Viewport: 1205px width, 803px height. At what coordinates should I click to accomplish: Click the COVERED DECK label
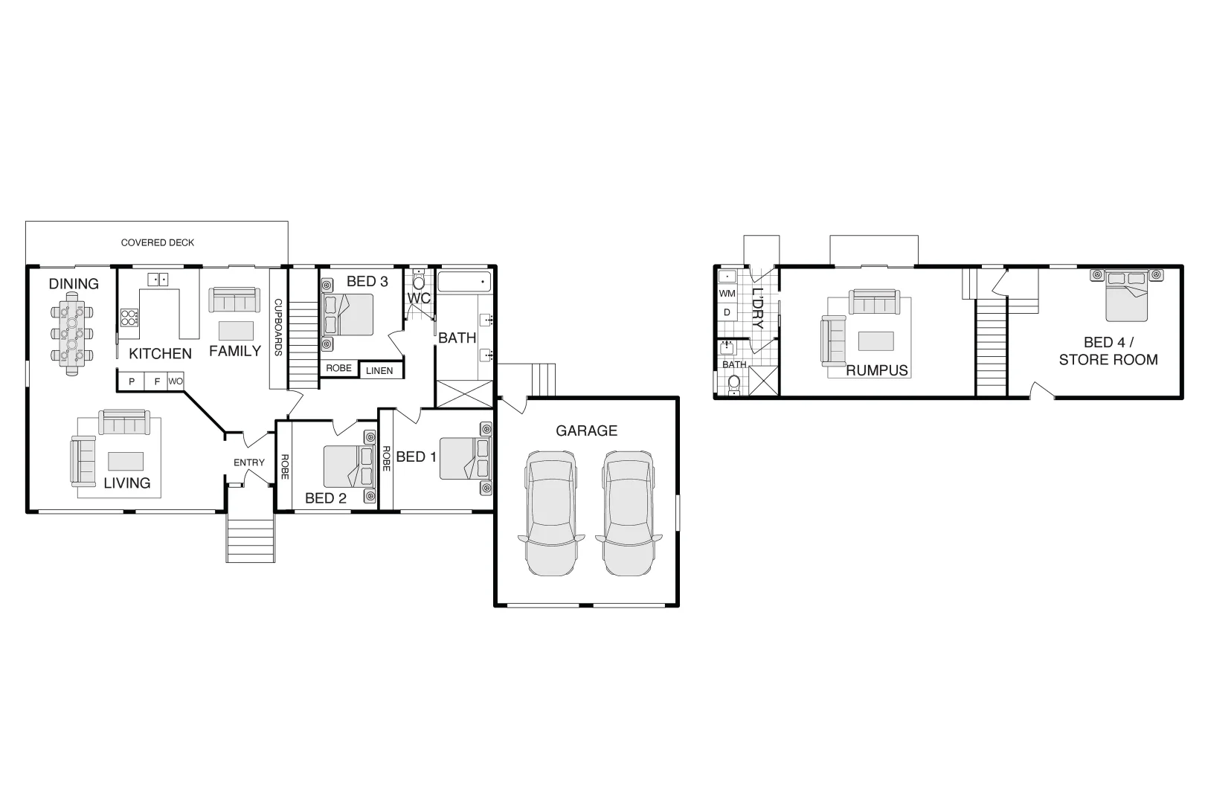(158, 242)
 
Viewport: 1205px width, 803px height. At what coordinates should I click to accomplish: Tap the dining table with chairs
(71, 333)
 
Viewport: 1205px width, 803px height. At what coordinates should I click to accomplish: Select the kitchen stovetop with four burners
(129, 318)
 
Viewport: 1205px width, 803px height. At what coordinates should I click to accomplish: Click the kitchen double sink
(158, 280)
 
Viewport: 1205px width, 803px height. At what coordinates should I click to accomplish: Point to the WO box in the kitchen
(176, 381)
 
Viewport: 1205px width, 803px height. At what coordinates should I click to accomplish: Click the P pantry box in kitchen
(132, 381)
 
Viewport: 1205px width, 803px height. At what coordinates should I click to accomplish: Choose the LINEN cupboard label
(379, 370)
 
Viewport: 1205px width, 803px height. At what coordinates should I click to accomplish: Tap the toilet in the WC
(418, 281)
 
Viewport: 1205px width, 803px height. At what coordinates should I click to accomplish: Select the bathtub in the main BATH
(465, 282)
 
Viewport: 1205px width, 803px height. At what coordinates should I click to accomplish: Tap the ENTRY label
(249, 462)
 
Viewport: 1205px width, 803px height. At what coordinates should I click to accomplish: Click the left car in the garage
(550, 512)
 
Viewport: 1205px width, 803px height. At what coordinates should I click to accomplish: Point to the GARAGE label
(587, 430)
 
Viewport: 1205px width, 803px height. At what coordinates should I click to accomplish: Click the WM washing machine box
(727, 294)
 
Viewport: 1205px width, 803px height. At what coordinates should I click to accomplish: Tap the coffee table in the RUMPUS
(875, 340)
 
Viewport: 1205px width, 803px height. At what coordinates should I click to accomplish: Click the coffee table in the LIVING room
(126, 460)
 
